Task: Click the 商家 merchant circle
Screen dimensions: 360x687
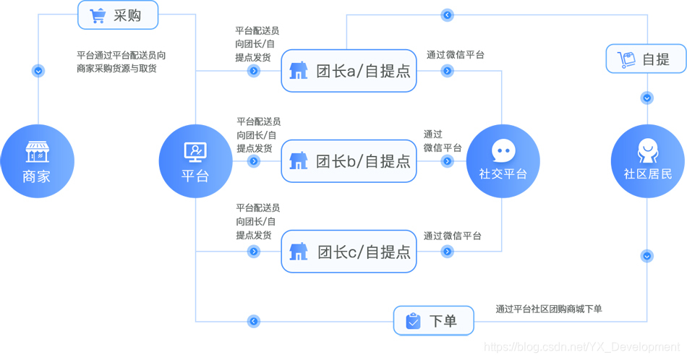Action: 37,161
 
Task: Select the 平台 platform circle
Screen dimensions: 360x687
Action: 195,161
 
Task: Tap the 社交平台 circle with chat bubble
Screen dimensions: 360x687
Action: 503,161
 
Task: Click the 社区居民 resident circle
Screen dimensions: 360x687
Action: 647,161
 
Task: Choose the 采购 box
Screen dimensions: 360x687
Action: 118,15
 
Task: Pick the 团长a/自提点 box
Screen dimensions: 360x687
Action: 349,71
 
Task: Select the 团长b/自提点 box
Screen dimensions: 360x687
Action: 349,160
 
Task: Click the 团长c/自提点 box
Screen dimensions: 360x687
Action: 349,252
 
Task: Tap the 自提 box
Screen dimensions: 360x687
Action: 646,59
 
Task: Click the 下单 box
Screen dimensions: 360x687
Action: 433,321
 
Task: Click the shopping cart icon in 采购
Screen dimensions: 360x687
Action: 98,15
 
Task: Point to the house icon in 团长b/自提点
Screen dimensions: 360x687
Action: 298,160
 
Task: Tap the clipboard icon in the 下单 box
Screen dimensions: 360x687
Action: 413,321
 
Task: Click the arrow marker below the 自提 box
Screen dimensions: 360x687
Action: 647,98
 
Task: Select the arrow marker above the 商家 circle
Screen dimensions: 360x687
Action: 38,71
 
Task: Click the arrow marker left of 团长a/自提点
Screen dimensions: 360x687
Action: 254,71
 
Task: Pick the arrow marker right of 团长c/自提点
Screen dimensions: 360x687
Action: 448,252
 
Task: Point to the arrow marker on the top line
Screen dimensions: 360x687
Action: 448,15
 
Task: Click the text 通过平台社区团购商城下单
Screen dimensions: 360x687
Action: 549,309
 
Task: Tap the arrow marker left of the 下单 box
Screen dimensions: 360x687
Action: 253,321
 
